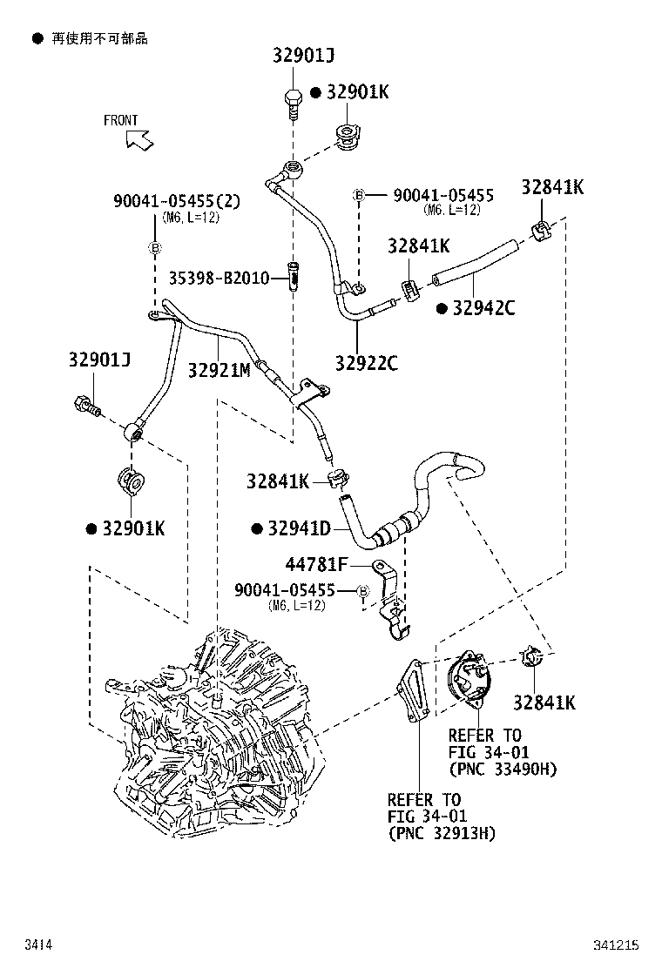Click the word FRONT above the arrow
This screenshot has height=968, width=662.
[120, 120]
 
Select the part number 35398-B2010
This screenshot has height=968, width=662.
[220, 278]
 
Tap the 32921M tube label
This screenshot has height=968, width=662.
[219, 370]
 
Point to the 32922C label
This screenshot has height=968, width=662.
[366, 363]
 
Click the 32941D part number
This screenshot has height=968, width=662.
[299, 528]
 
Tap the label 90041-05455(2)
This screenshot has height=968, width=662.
[176, 201]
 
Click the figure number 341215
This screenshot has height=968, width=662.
[617, 944]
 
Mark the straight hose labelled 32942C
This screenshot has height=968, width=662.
[475, 264]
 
